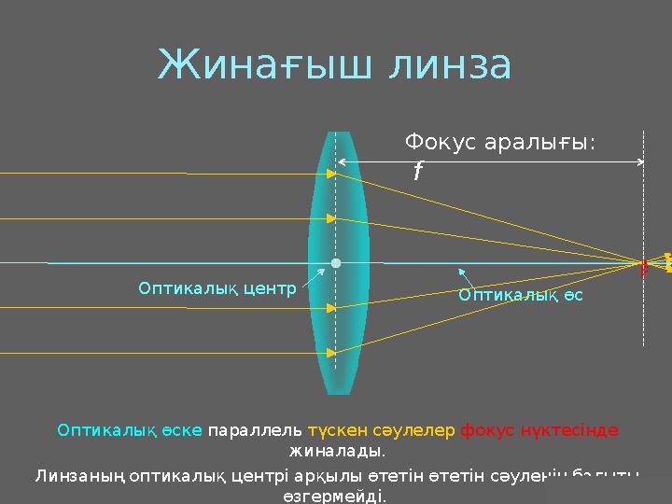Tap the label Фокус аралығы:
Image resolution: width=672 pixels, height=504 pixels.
click(500, 143)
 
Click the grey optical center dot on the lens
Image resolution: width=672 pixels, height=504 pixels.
click(336, 263)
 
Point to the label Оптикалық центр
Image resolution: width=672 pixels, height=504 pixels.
click(217, 288)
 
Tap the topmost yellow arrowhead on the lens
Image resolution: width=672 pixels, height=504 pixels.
click(331, 174)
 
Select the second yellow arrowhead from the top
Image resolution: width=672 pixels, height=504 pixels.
click(331, 218)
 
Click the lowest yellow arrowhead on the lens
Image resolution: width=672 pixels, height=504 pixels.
click(331, 354)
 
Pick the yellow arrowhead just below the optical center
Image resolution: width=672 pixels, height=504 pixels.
click(331, 308)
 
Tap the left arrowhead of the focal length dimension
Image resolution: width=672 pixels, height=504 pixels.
click(342, 162)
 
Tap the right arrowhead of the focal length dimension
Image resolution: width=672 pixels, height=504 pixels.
click(639, 162)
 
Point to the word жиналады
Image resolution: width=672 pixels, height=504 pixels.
click(336, 452)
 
